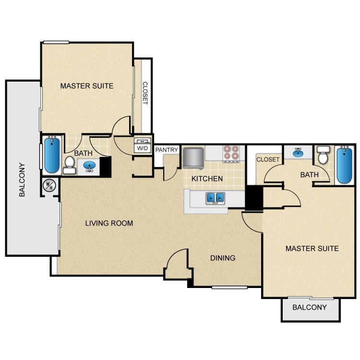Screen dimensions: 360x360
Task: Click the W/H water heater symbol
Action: tap(49, 186)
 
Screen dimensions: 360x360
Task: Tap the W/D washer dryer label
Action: tap(143, 148)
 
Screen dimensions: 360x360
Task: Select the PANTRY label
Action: tap(167, 150)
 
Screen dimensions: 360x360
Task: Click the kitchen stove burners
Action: tap(231, 153)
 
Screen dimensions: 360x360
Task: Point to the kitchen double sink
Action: tap(215, 198)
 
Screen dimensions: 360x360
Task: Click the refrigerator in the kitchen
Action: tap(193, 158)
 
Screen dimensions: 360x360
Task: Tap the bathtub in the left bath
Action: tap(52, 155)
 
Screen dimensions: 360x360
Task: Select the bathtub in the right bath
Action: tap(344, 165)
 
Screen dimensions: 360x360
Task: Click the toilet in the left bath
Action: tap(69, 165)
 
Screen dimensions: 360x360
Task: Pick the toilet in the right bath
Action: tap(323, 155)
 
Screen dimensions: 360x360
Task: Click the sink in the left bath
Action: tap(89, 166)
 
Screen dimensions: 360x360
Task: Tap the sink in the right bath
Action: tap(298, 153)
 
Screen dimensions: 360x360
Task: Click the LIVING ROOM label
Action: tap(109, 223)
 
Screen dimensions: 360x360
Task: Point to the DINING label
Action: tap(223, 258)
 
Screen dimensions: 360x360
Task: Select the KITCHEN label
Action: tap(207, 179)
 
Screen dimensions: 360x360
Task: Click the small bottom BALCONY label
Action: tap(310, 307)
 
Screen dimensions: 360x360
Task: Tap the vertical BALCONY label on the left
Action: tap(22, 180)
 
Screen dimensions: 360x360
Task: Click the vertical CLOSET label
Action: tap(145, 93)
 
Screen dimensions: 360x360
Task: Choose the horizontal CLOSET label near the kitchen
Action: tap(268, 159)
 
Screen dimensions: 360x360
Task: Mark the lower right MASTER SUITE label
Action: tap(312, 249)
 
